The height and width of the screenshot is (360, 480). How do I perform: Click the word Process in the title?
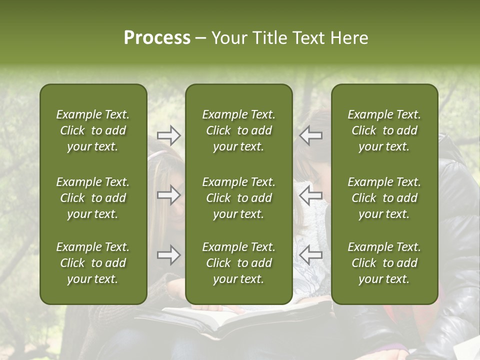(157, 38)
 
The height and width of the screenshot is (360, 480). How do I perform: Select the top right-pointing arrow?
(168, 135)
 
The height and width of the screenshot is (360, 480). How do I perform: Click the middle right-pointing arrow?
(168, 195)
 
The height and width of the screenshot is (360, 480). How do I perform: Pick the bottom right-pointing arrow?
(168, 255)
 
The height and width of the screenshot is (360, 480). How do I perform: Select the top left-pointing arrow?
(310, 135)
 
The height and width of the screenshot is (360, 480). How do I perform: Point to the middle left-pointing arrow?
(310, 195)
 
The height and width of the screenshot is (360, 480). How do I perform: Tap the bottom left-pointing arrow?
(310, 255)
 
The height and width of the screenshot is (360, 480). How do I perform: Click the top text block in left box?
(93, 130)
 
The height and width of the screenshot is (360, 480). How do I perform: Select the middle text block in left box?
(93, 198)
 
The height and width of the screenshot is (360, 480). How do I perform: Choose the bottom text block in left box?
(93, 263)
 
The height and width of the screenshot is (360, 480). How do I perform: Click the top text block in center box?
(238, 130)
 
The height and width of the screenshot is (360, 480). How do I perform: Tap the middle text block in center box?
(238, 198)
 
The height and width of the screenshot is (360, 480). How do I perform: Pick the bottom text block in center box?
(238, 263)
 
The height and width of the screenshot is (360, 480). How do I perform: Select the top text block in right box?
(384, 130)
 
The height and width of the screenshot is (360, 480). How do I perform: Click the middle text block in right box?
(384, 198)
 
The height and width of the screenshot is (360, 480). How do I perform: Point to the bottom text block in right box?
(384, 263)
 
